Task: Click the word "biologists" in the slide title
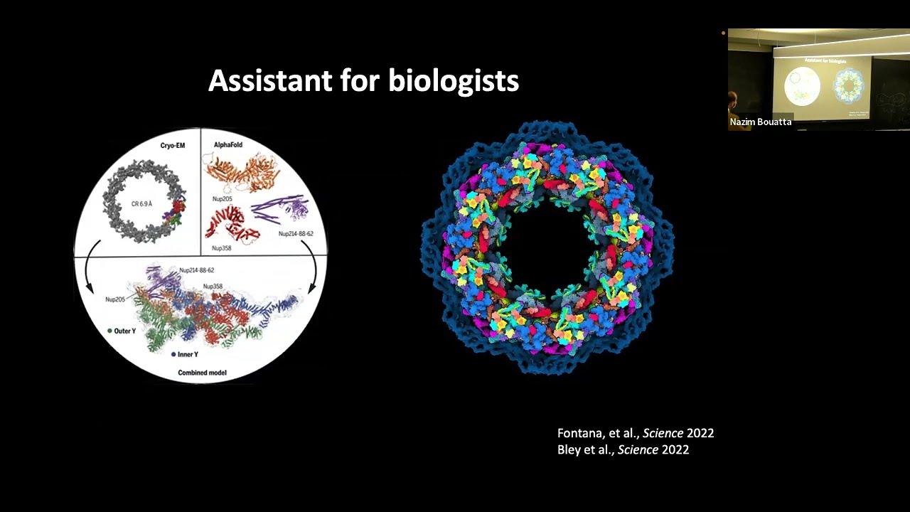point(454,81)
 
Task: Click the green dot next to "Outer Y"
point(109,331)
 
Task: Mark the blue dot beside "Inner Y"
point(173,353)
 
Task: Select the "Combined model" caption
point(200,373)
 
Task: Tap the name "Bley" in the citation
point(570,449)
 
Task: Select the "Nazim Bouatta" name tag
point(760,122)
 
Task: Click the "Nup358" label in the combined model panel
point(213,287)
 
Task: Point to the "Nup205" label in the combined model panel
point(115,299)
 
